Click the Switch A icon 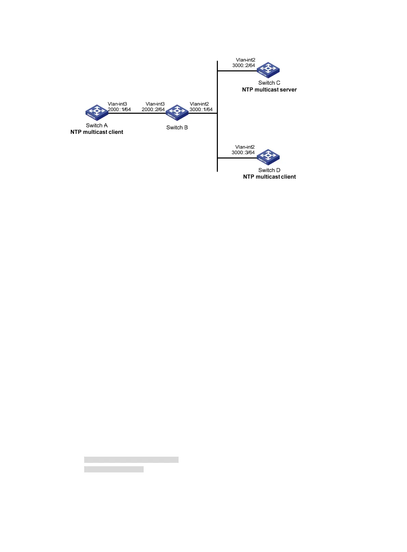coord(97,112)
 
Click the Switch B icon coord(177,112)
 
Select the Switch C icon coord(268,70)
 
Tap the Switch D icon coord(268,157)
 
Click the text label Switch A coord(97,125)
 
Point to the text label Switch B coord(177,127)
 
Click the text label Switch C coord(269,83)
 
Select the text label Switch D coord(269,170)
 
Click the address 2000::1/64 coord(119,109)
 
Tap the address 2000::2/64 coord(153,109)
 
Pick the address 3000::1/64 coord(201,109)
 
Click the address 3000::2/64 coord(244,65)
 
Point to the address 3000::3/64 coord(243,152)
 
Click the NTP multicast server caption coord(269,89)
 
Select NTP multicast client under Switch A coord(97,132)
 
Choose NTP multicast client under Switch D coord(269,177)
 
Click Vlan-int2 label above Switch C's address coord(246,60)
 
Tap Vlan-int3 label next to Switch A coord(117,104)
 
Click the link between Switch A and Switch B coord(137,113)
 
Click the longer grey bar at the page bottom coord(131,459)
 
